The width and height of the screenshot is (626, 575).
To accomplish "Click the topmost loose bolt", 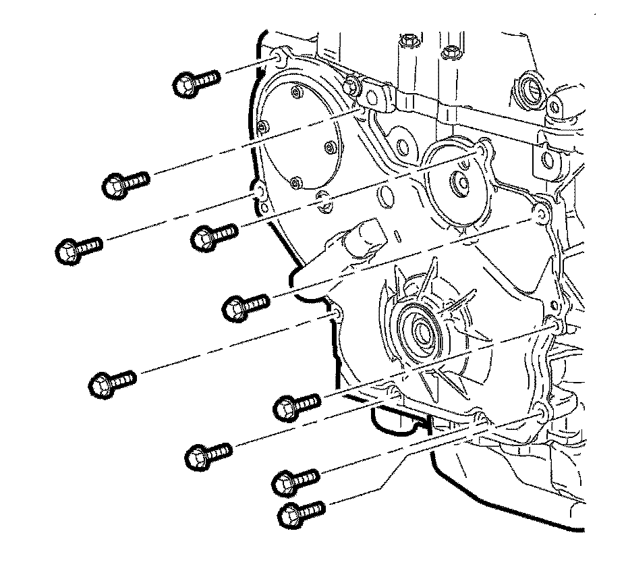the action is [x=196, y=84].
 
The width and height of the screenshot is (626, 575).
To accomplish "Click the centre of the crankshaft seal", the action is [x=422, y=331].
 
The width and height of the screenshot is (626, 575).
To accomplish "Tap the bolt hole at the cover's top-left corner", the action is [x=280, y=55].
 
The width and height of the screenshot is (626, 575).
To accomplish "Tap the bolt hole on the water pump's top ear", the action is [x=482, y=148].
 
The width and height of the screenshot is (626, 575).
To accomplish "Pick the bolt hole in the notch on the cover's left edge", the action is [x=334, y=312].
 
